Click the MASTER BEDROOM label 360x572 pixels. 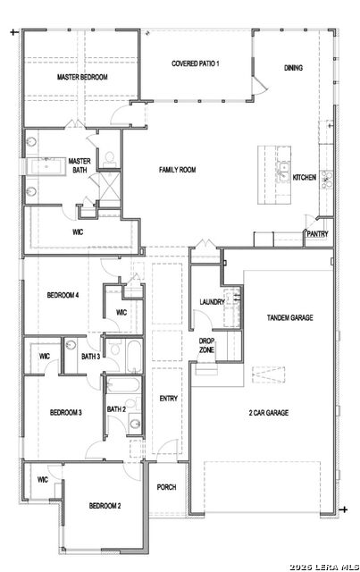pos(82,77)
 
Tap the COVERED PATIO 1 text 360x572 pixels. pos(196,63)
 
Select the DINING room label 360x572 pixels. pos(293,68)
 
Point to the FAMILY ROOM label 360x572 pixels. pos(177,170)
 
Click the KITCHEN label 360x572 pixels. pos(305,177)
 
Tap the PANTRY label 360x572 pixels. pos(317,234)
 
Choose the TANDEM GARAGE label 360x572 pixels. pos(290,318)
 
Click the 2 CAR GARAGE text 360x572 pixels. pos(269,413)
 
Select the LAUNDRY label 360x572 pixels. pos(212,302)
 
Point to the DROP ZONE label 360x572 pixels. pos(206,346)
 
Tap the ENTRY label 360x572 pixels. pos(169,399)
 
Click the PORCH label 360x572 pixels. pos(167,487)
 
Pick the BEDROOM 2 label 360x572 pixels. pos(105,506)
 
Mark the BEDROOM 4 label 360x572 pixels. pos(63,295)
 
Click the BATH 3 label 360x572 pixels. pos(90,357)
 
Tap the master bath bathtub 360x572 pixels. pos(46,167)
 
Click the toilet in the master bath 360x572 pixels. pos(110,159)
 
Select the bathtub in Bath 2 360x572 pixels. pos(123,385)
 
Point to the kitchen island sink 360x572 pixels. pos(282,172)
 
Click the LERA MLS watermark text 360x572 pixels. pos(324,567)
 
